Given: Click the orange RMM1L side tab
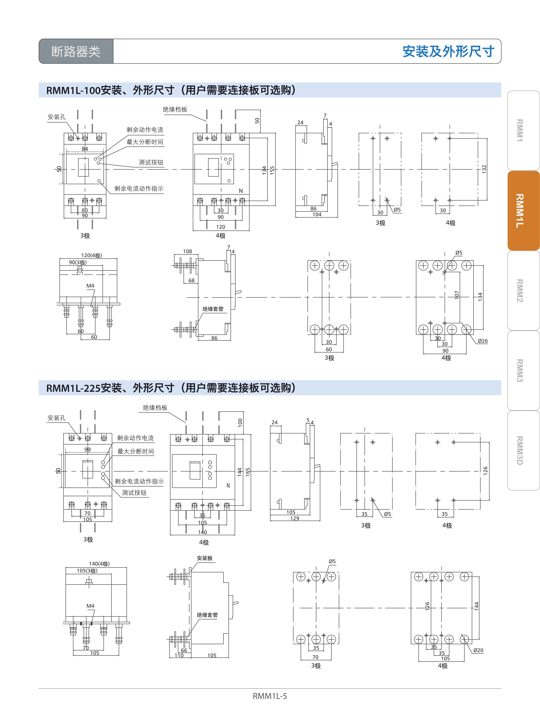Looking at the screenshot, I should click(523, 211).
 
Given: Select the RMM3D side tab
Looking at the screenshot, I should click(523, 450).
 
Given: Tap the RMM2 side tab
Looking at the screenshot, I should click(523, 291).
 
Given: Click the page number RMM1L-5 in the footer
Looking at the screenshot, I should click(270, 696).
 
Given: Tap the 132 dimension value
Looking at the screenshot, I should click(484, 169).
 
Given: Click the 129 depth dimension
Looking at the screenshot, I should click(295, 518).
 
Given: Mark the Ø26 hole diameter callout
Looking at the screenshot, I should click(482, 341).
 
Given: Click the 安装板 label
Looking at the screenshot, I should click(205, 558).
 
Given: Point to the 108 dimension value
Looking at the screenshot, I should click(187, 251).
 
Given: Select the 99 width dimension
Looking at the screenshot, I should click(88, 449).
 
